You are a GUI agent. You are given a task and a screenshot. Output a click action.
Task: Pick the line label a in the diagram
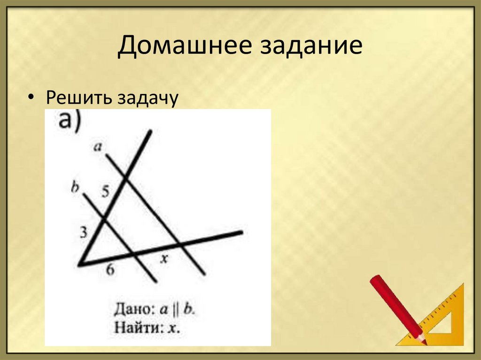tap(98, 147)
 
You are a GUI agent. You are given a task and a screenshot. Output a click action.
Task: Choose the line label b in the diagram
tap(75, 187)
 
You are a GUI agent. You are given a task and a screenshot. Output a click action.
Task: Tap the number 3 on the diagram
tap(84, 232)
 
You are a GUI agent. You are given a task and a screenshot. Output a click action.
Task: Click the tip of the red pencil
tap(424, 342)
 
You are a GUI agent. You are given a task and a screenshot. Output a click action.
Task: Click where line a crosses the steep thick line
tap(125, 178)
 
